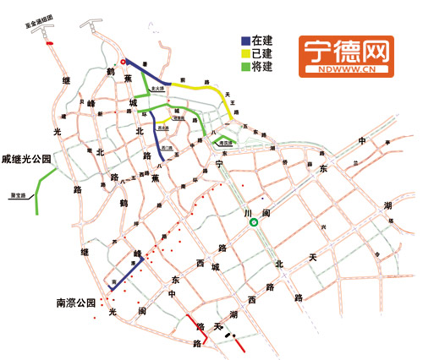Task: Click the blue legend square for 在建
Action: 245,40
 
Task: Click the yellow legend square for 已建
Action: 245,52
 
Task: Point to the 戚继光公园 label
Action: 27,158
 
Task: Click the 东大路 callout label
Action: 157,87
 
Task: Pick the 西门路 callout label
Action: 168,149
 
